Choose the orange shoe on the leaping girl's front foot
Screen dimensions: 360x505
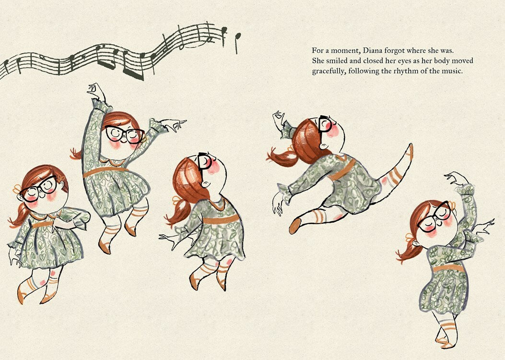[294, 225]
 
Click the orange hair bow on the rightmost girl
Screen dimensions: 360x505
[409, 238]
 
